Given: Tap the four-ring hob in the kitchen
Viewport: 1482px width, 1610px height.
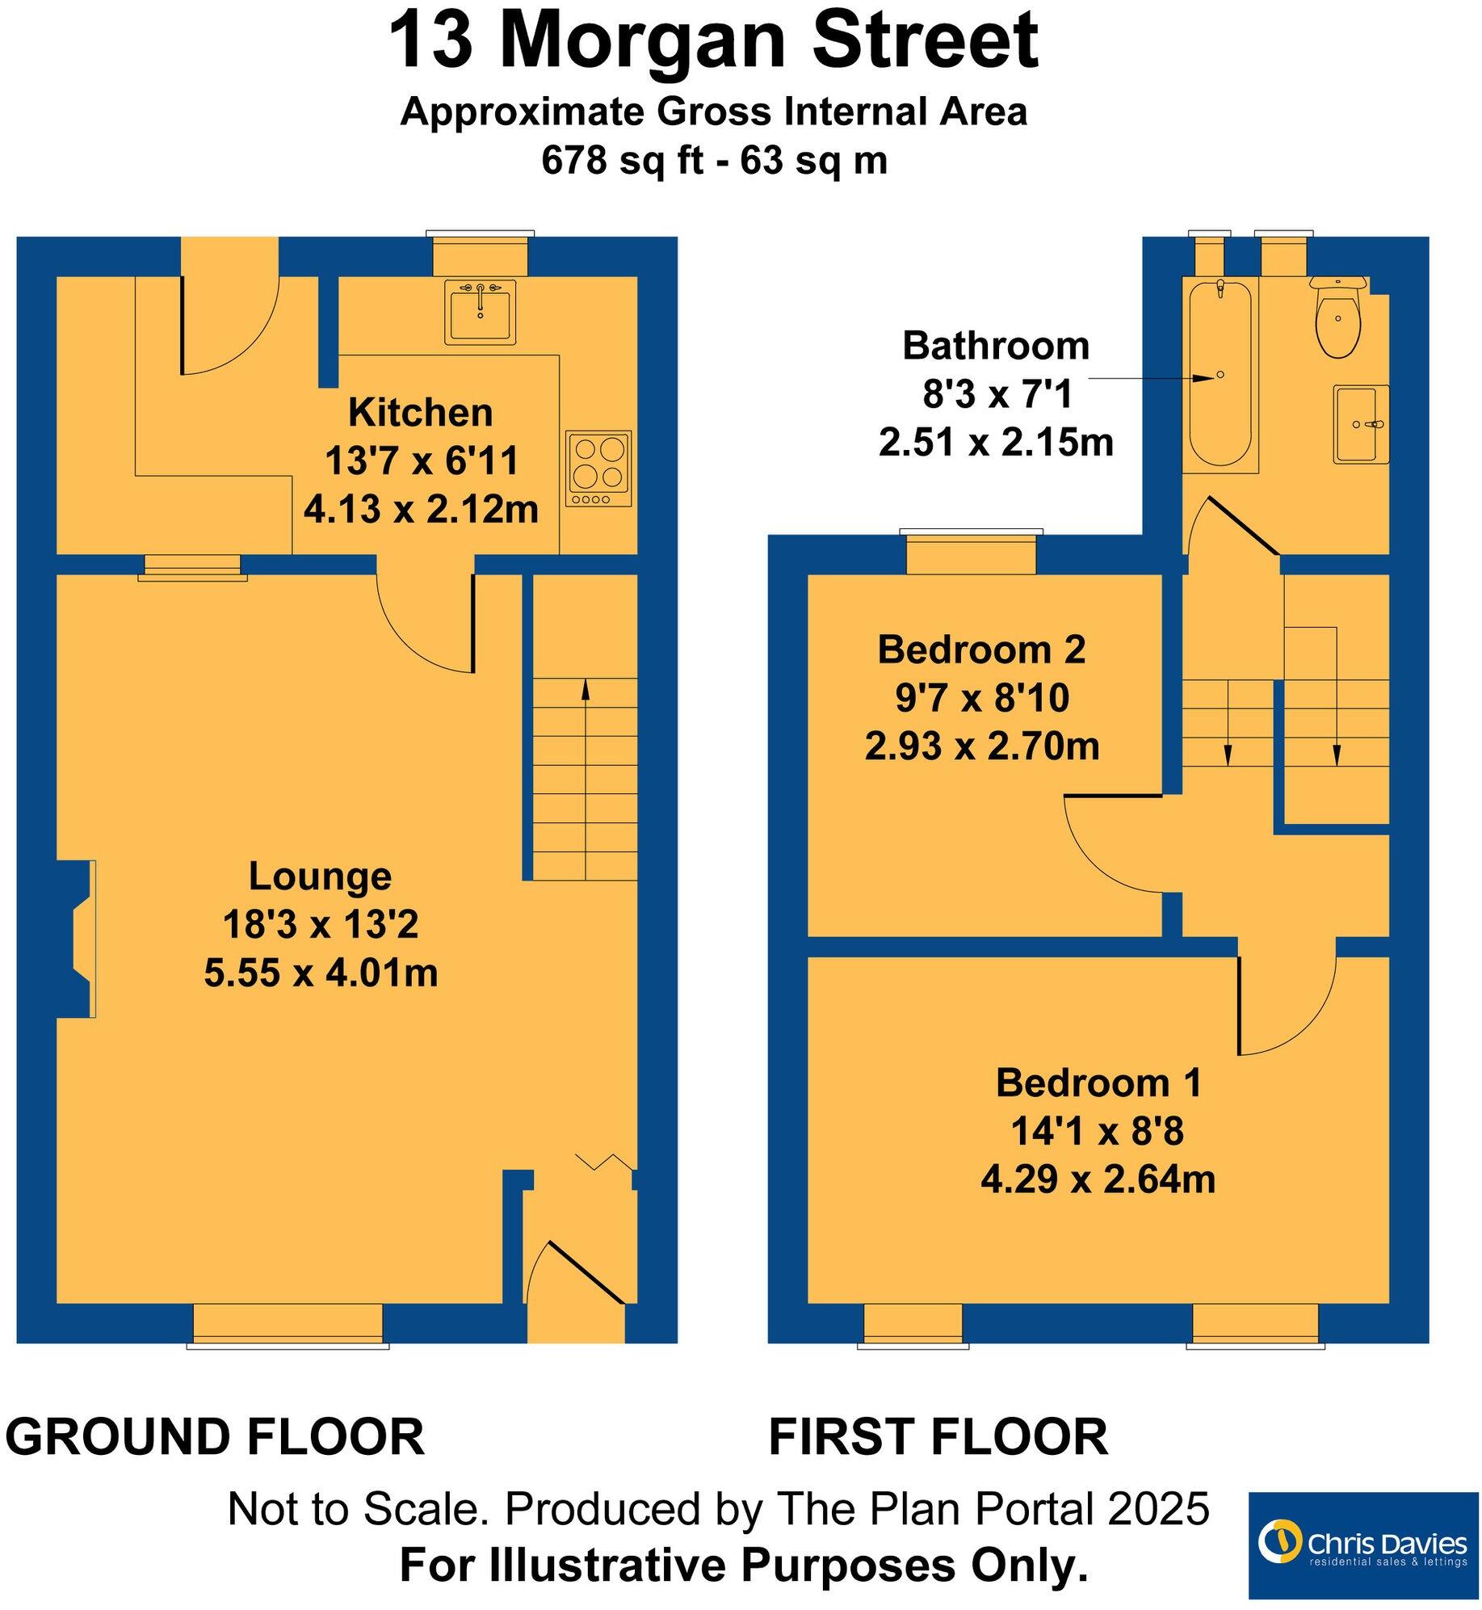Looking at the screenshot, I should pyautogui.click(x=598, y=469).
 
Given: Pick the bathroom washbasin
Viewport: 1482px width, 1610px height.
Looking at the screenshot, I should pyautogui.click(x=1361, y=424).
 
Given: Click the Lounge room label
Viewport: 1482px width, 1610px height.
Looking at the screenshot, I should pyautogui.click(x=320, y=876).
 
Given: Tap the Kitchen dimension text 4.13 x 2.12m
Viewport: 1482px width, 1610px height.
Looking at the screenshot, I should pyautogui.click(x=421, y=510).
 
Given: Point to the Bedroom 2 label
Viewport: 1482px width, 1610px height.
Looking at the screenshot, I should pyautogui.click(x=981, y=649).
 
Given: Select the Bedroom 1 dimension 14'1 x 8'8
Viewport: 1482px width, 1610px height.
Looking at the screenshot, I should pyautogui.click(x=1097, y=1131).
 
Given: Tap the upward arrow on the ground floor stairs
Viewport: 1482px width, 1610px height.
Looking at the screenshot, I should pyautogui.click(x=585, y=689).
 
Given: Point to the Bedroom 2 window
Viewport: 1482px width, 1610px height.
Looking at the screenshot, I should pyautogui.click(x=971, y=553).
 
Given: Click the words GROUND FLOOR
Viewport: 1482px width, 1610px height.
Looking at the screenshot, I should pyautogui.click(x=215, y=1437).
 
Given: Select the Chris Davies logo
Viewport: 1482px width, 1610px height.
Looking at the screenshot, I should pyautogui.click(x=1362, y=1545).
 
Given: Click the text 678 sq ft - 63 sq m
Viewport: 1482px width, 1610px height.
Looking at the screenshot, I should pyautogui.click(x=714, y=160).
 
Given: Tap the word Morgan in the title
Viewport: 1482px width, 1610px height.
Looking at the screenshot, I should pyautogui.click(x=642, y=42).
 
